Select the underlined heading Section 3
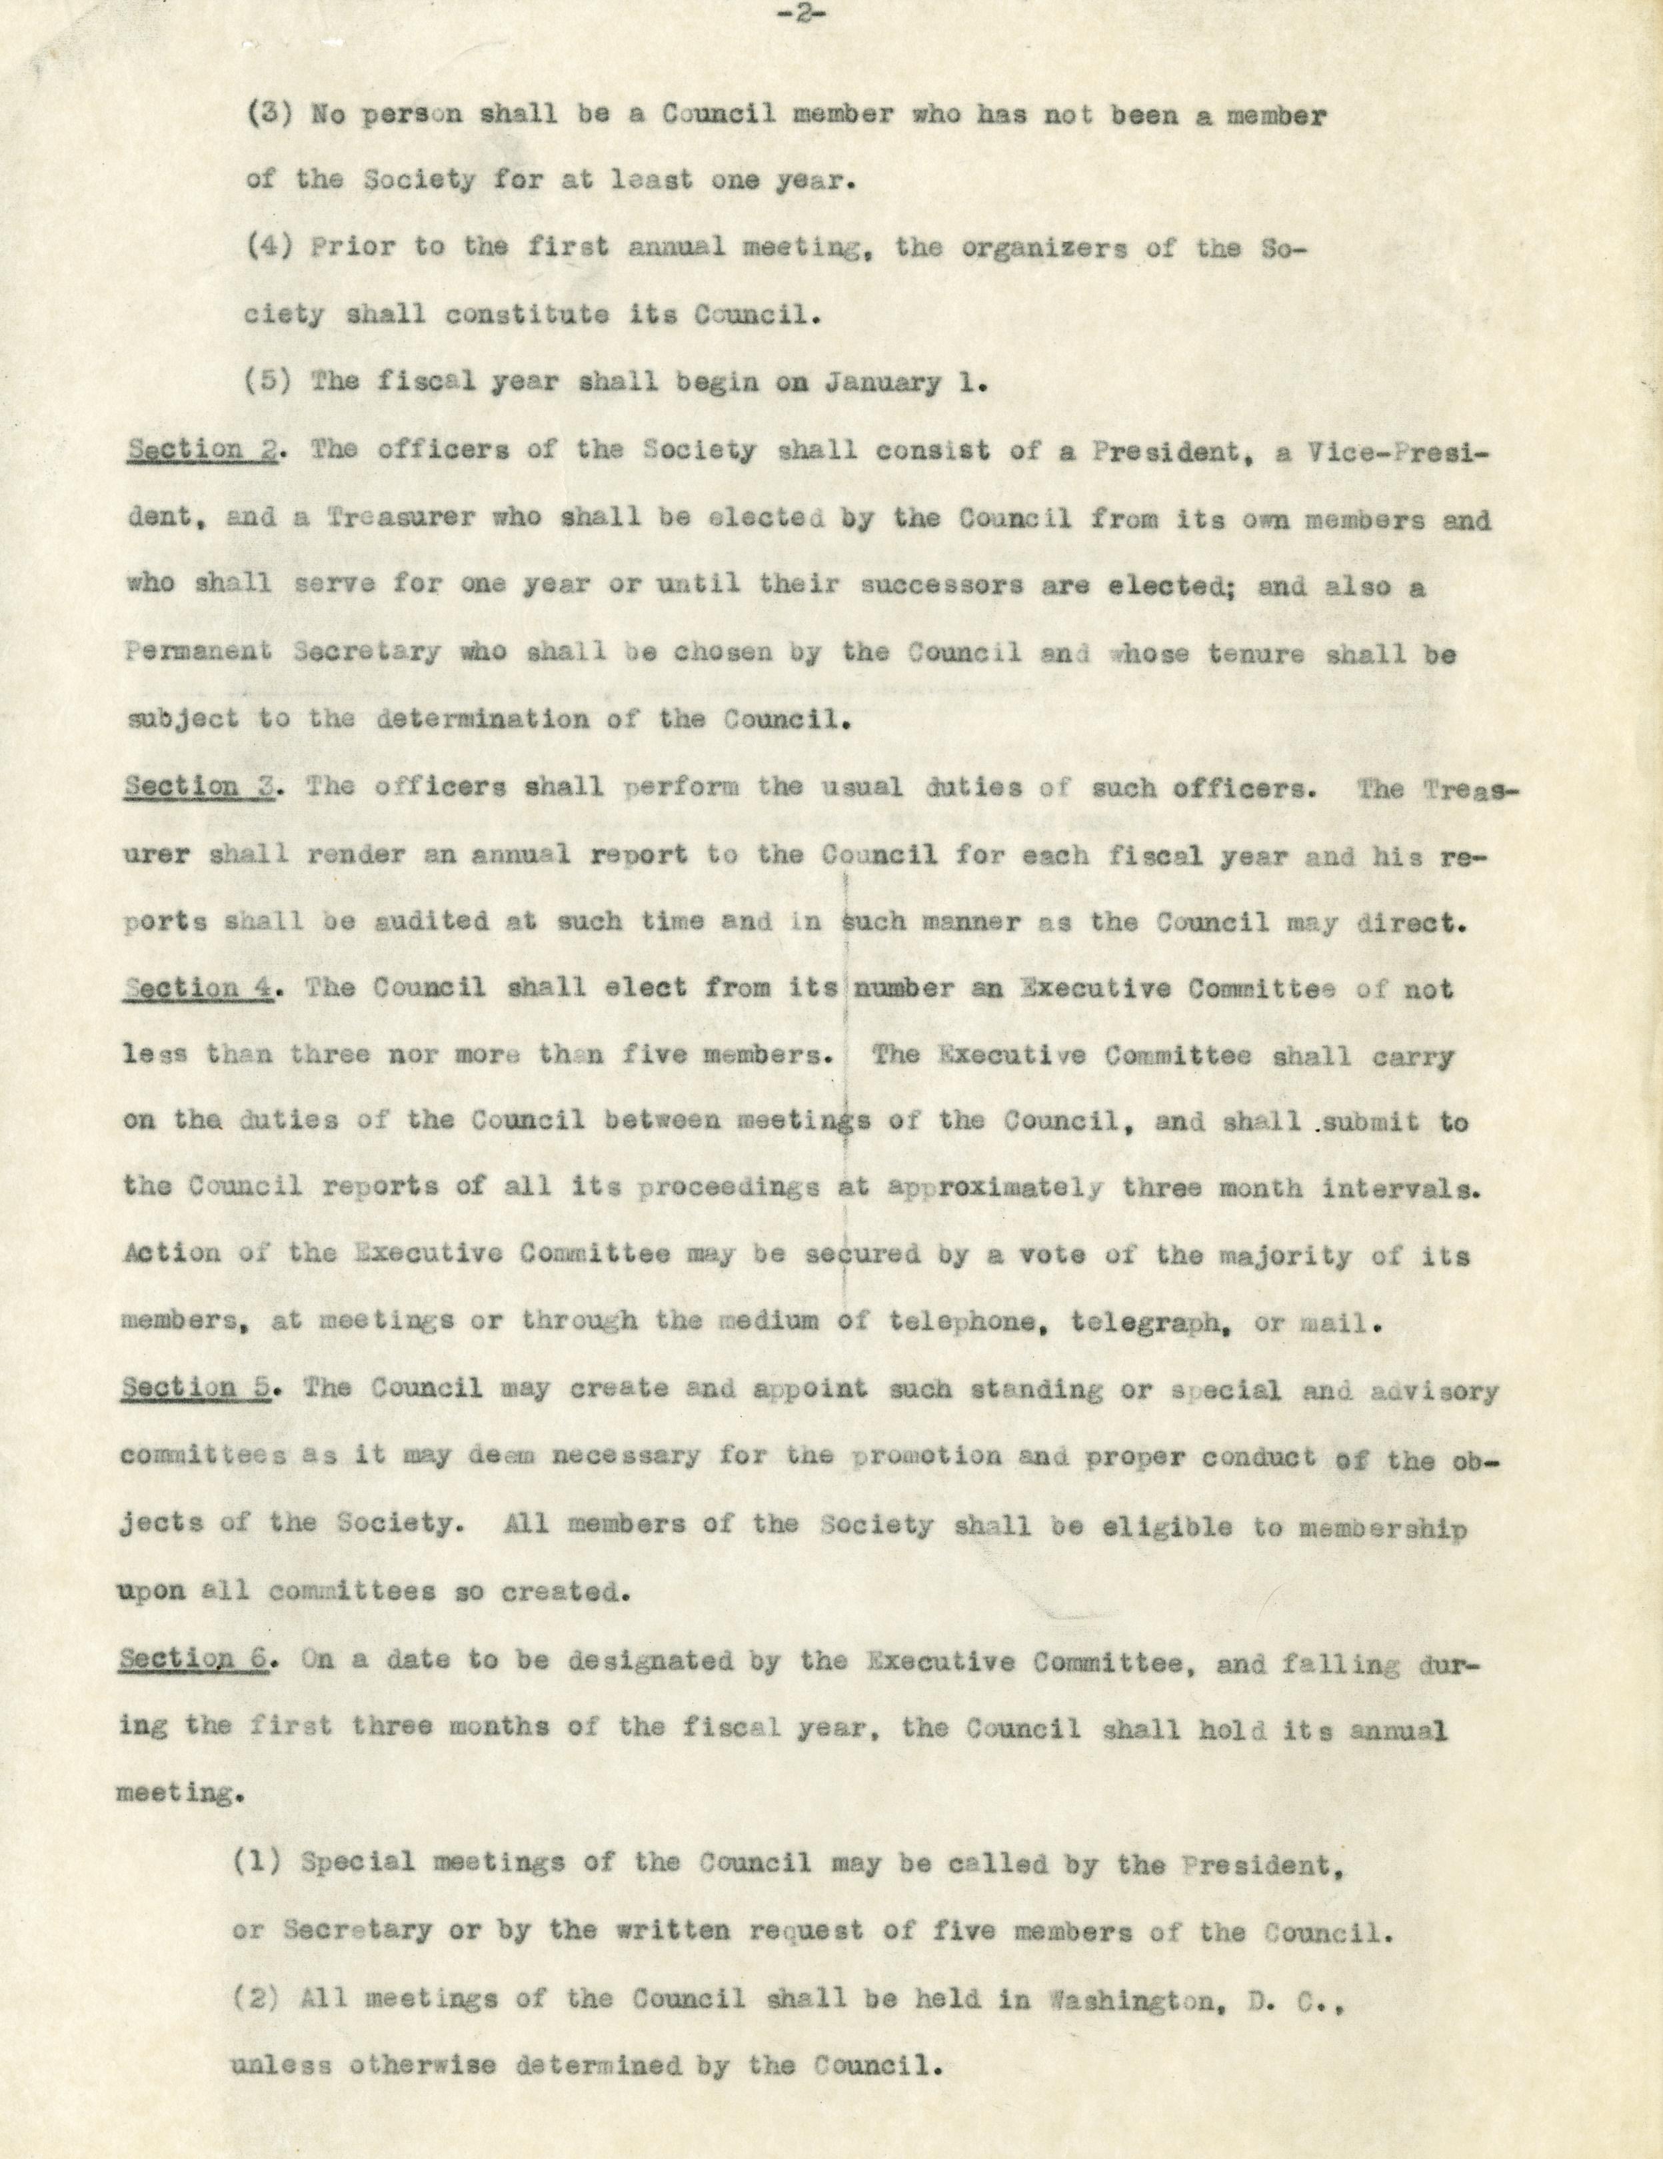coord(198,788)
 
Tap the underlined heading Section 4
coord(198,989)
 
